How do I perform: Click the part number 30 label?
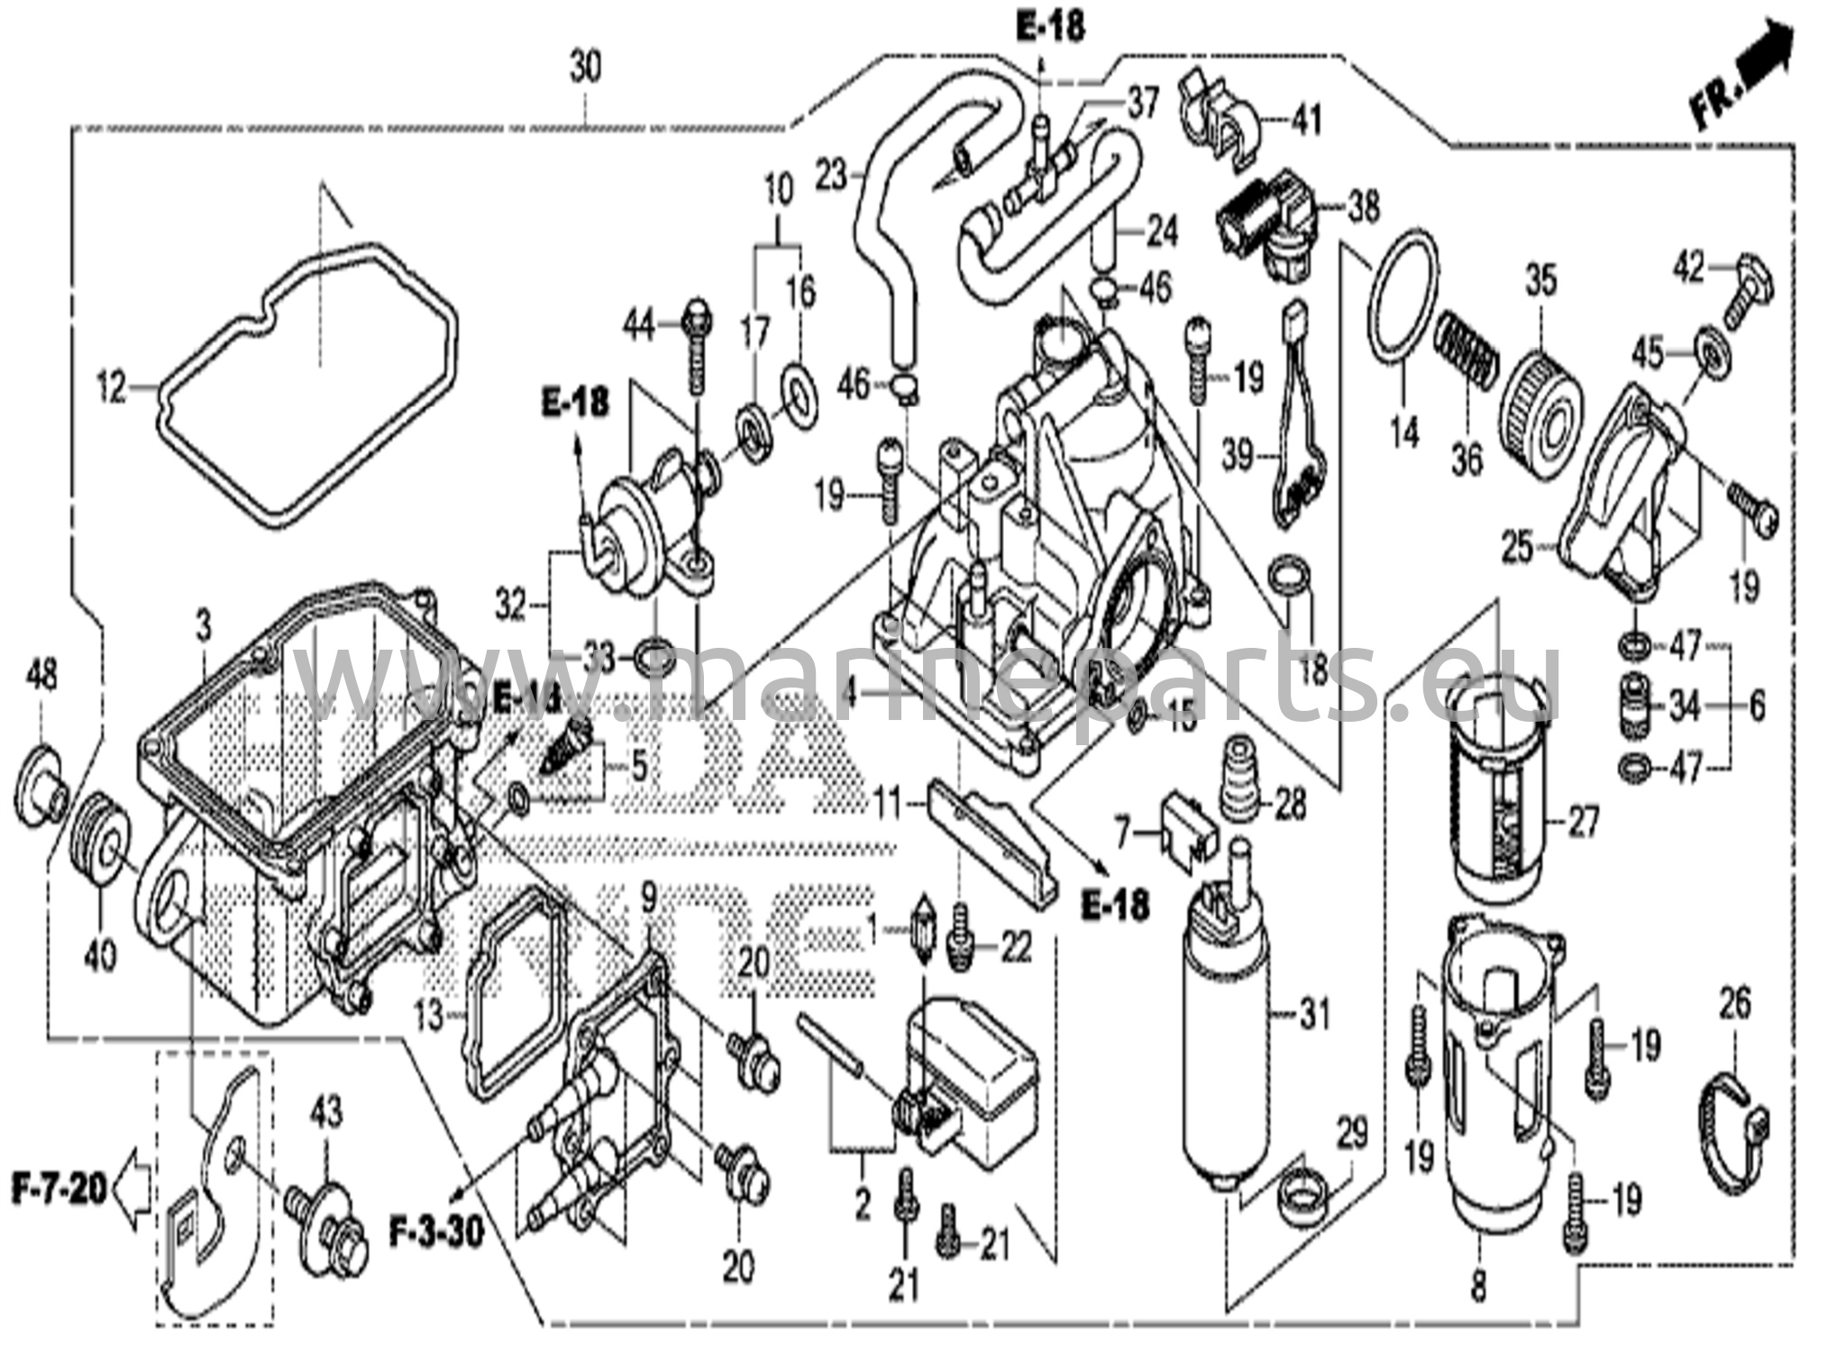585,68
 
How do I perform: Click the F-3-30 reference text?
436,1229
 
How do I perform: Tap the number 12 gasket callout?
113,390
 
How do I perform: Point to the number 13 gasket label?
430,1016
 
